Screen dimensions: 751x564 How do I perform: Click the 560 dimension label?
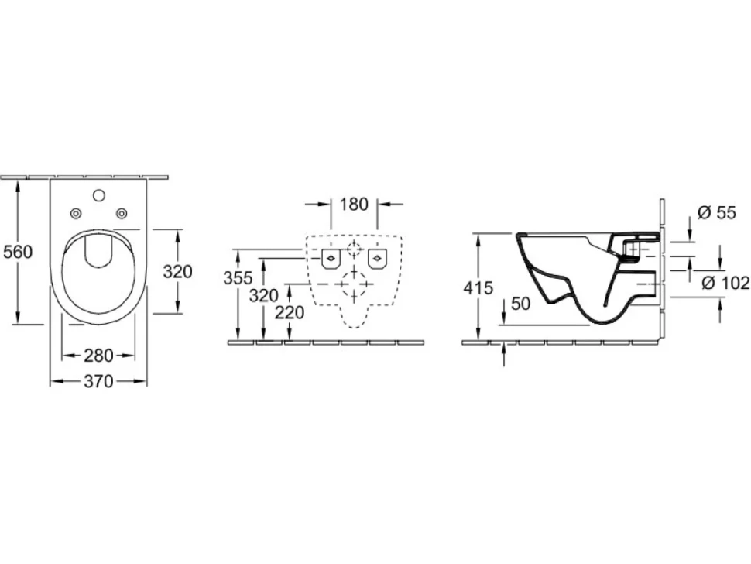17,252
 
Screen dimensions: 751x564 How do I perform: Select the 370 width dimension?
98,381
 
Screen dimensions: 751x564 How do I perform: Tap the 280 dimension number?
98,356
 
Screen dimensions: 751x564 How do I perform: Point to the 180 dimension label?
354,204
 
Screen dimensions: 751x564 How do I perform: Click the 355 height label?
238,278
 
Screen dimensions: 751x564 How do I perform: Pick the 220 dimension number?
290,313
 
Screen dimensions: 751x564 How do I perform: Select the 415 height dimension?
478,287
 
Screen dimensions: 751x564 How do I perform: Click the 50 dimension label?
521,304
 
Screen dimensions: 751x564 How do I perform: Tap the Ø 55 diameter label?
716,213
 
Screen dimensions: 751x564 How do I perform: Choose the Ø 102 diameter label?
725,284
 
